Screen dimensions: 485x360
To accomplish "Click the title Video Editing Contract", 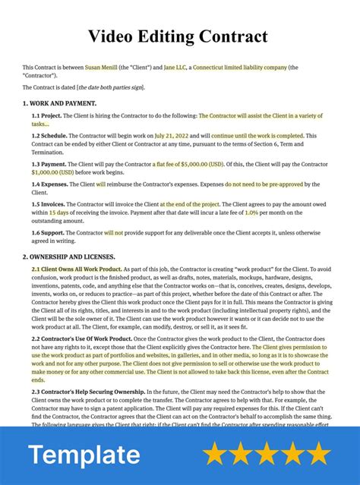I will click(x=179, y=36).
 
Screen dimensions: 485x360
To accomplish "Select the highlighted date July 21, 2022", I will click(x=172, y=136).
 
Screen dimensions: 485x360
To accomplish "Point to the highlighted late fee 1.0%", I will click(x=251, y=213).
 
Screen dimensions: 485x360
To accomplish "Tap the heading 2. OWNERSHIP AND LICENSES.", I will click(x=69, y=257).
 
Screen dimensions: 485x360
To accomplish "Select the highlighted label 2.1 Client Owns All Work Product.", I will click(x=77, y=269).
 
